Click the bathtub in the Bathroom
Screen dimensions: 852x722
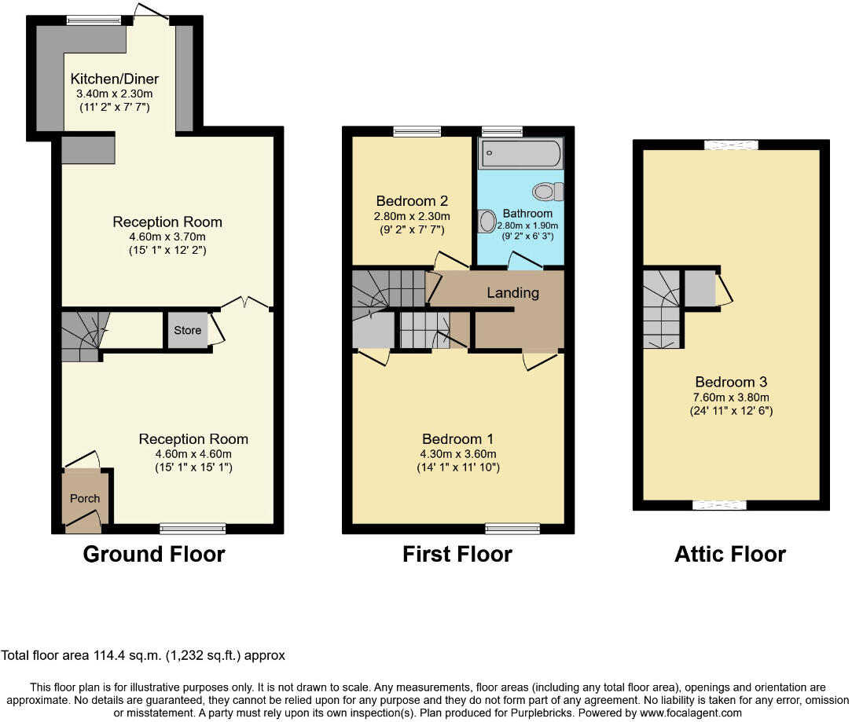520,153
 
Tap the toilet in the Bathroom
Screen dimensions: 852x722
548,191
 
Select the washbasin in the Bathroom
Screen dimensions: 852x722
487,221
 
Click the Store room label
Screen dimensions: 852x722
188,330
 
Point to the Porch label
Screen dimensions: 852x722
85,498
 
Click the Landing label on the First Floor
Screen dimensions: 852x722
513,293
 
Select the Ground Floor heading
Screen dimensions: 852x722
154,554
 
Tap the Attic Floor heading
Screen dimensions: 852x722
730,554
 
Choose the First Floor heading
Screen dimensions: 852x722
457,554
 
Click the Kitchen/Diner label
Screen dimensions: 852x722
115,79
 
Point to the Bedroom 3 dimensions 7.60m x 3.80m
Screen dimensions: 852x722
731,397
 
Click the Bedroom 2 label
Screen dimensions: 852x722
412,201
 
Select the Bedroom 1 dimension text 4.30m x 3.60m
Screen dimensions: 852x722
458,453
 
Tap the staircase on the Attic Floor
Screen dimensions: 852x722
661,309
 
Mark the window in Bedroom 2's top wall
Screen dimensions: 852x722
417,131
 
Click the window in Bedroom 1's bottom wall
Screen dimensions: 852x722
512,529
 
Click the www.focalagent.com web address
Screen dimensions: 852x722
691,713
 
